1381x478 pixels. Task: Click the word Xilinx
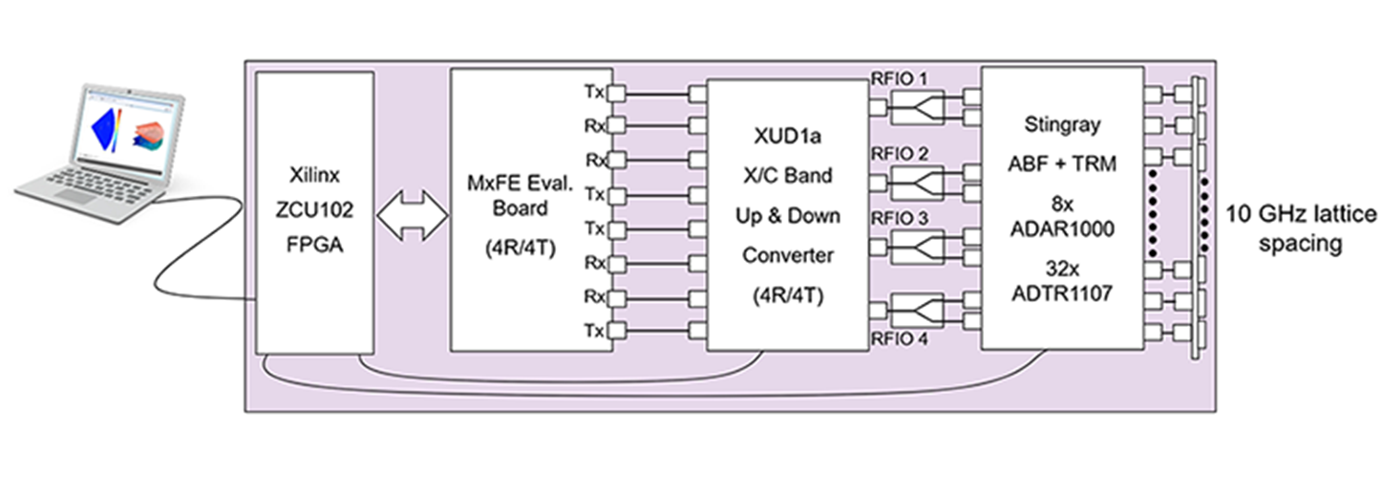click(x=311, y=178)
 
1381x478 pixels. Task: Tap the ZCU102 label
click(x=311, y=211)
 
